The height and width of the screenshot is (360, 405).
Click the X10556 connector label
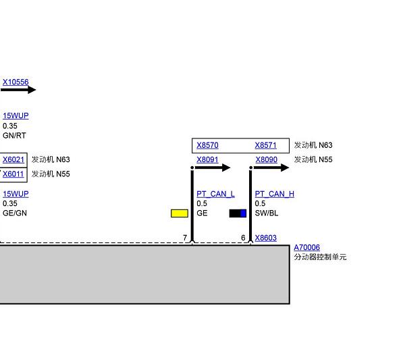click(x=16, y=82)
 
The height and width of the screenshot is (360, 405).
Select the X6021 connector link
click(x=13, y=160)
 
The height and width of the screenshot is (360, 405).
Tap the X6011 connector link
click(x=13, y=174)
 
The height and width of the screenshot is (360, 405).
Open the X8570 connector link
click(x=207, y=145)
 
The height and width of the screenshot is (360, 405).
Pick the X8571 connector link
click(x=265, y=145)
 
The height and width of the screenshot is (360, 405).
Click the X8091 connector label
click(x=207, y=160)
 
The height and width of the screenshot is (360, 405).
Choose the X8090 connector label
click(x=266, y=160)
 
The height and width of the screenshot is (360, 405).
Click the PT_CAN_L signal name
click(x=216, y=194)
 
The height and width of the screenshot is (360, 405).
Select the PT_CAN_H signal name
click(x=274, y=194)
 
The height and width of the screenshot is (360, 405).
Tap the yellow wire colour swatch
click(x=180, y=213)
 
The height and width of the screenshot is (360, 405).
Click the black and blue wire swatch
click(x=238, y=213)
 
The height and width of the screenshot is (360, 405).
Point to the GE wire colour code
click(x=202, y=213)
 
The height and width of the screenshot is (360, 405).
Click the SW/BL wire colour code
click(x=266, y=213)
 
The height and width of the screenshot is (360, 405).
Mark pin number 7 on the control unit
click(x=185, y=238)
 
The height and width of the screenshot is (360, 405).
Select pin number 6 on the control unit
click(x=243, y=238)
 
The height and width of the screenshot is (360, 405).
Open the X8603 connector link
click(x=265, y=238)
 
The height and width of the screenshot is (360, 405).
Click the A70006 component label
click(x=306, y=248)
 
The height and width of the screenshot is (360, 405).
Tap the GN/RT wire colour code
click(x=14, y=136)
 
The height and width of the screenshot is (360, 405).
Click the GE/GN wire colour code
click(x=14, y=213)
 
